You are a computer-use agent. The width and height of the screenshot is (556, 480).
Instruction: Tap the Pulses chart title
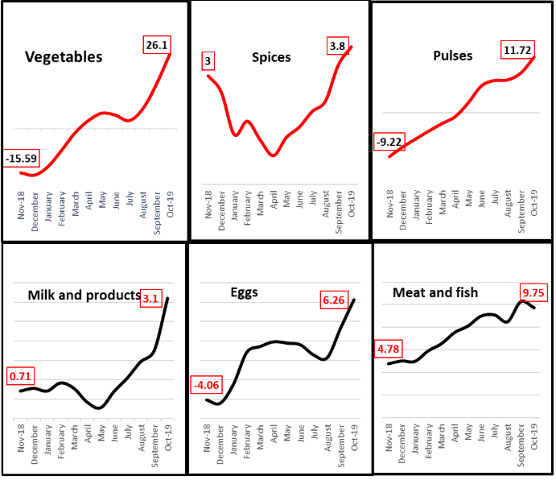click(x=452, y=56)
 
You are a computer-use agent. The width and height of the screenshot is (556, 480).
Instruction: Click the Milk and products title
click(x=84, y=295)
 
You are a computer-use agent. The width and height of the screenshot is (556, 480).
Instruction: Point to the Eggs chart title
click(x=244, y=292)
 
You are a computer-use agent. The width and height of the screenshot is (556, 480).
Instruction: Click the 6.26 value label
click(x=339, y=300)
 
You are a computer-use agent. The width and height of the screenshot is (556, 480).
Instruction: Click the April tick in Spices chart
click(x=274, y=205)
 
